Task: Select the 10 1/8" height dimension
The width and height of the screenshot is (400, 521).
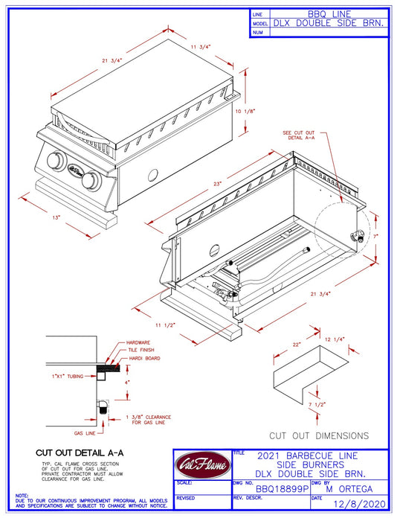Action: tap(245, 111)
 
